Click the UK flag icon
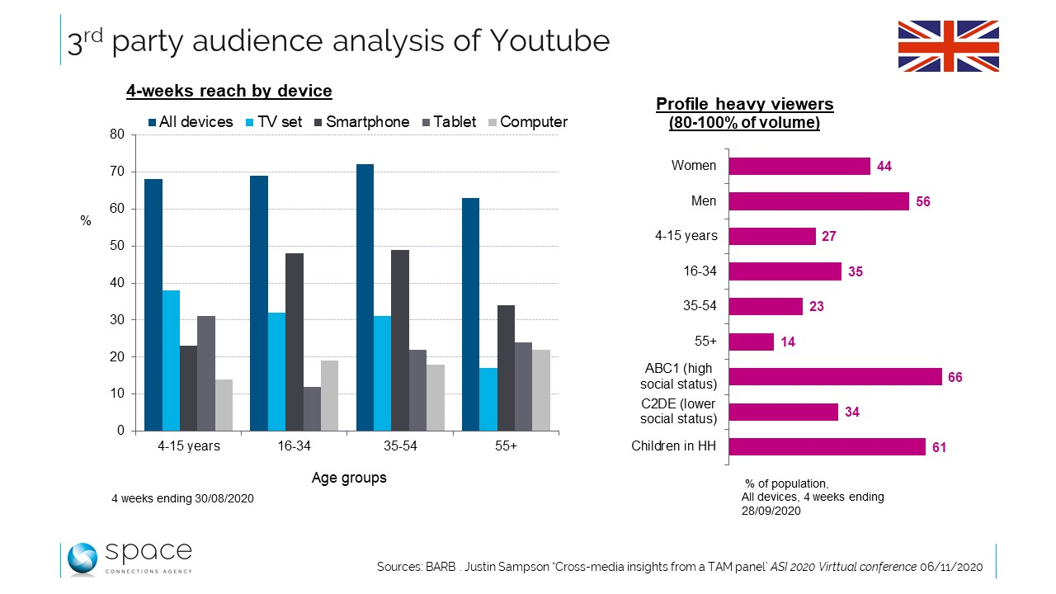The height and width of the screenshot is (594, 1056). point(948,46)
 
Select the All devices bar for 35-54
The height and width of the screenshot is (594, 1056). point(365,297)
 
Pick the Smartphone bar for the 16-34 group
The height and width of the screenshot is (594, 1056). point(295,342)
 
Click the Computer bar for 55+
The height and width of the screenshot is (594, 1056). point(541,389)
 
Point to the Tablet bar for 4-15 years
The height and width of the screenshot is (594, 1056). point(206,373)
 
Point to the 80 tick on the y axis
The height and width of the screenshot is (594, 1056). point(116,134)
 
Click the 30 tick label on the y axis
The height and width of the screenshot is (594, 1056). point(116,320)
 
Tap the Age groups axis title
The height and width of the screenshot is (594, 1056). point(349,478)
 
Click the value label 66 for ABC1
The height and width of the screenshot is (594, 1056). point(955,377)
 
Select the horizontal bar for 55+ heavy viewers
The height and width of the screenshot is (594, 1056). point(752,342)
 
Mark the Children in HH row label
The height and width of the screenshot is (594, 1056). point(673,446)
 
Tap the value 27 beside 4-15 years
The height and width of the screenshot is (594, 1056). point(829,237)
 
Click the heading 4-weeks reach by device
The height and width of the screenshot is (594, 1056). point(229,92)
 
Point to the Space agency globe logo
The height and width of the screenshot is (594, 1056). point(82,559)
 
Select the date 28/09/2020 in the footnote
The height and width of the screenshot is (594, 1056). point(771,511)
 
